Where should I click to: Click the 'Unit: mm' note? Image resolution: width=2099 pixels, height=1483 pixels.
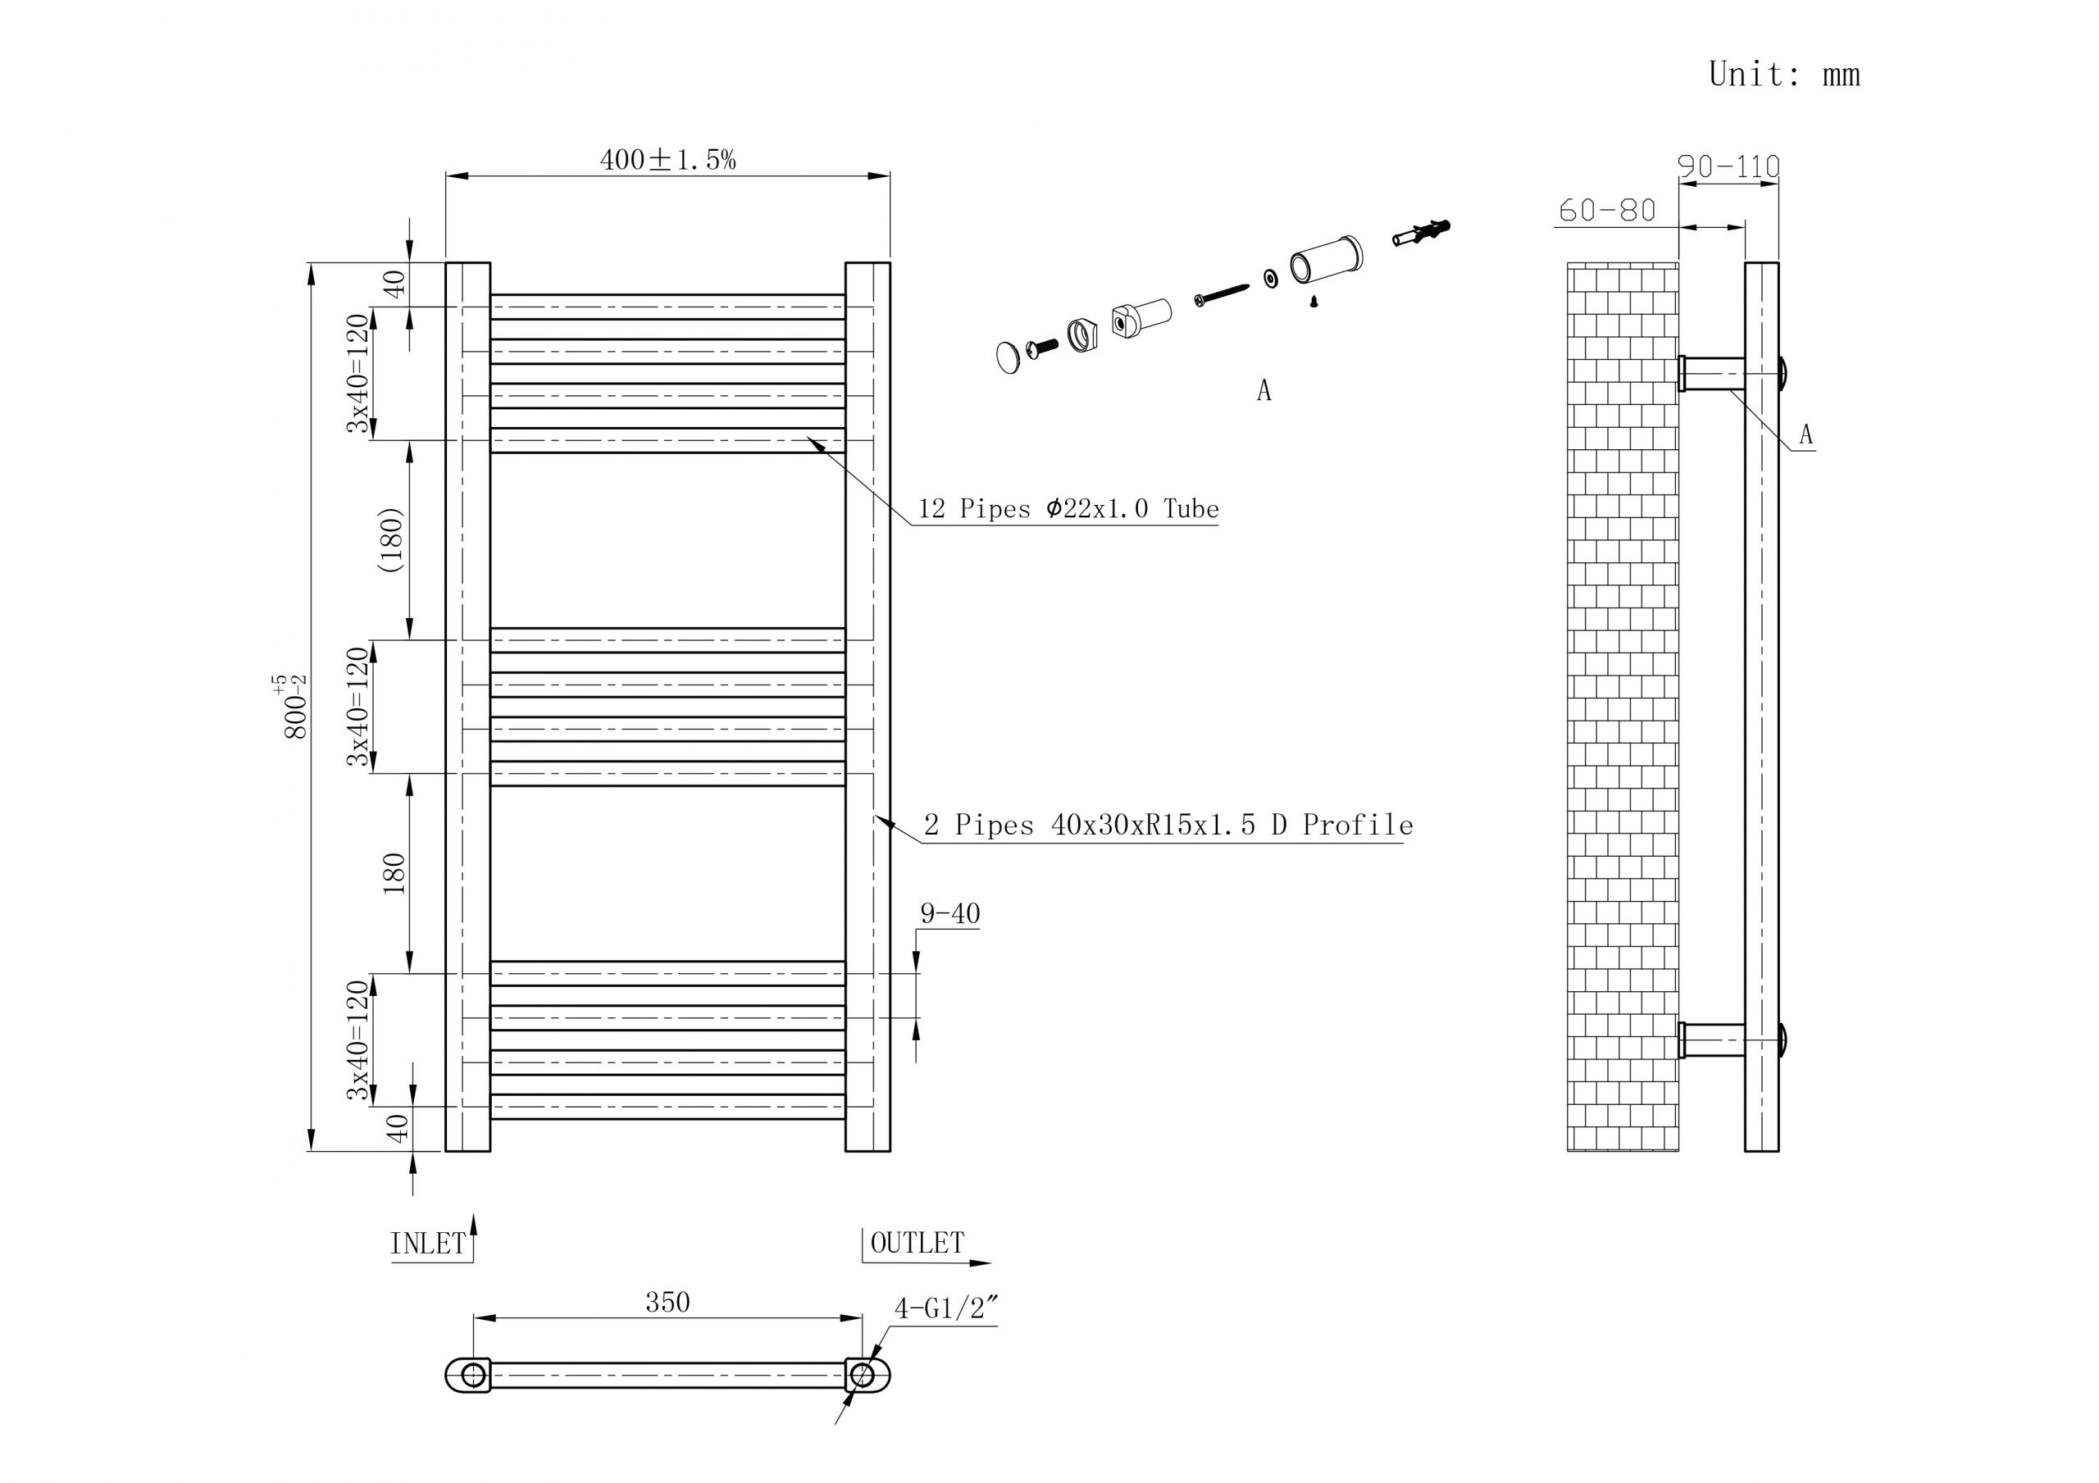(x=1783, y=74)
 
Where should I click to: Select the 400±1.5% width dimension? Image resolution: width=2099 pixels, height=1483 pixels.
(x=667, y=160)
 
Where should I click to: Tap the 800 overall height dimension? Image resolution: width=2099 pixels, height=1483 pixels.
(x=294, y=707)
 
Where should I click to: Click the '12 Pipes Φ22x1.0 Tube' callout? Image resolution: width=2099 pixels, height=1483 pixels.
(x=1068, y=509)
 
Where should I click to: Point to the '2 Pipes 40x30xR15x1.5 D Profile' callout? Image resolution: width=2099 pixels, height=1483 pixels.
(x=1168, y=826)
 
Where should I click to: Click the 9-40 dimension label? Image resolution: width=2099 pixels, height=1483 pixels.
(x=949, y=913)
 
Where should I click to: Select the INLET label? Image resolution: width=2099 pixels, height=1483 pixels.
(x=428, y=1244)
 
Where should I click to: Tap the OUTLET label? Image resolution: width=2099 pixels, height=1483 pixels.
(x=917, y=1244)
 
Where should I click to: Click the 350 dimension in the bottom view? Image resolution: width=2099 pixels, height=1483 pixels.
(x=667, y=1303)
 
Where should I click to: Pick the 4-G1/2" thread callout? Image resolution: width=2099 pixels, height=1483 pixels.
(x=944, y=1309)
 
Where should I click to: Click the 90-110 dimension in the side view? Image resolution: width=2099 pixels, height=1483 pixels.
(x=1728, y=166)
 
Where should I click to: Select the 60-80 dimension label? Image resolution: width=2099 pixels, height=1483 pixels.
(x=1606, y=212)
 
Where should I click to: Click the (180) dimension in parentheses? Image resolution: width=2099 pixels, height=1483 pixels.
(x=391, y=539)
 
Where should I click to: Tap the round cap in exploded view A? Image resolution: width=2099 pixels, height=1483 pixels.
(x=1008, y=357)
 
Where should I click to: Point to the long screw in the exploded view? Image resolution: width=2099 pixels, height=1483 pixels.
(x=1222, y=294)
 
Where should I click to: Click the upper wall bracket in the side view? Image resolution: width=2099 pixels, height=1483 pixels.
(x=1712, y=374)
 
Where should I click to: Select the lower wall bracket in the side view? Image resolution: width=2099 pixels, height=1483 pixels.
(x=1712, y=1040)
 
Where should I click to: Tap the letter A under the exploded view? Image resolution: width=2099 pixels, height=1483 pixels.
(x=1263, y=391)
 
